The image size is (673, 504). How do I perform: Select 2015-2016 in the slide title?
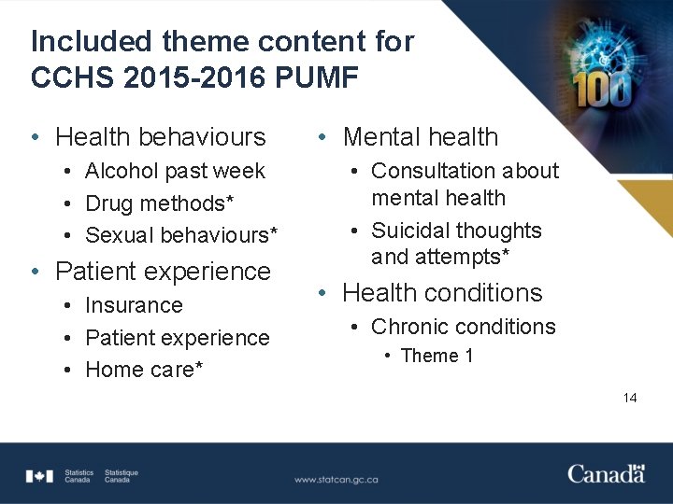coord(187,77)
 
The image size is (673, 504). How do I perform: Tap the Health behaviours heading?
coord(160,137)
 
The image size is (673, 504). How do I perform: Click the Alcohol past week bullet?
coord(175,171)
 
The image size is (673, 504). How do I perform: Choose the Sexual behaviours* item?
coord(180,234)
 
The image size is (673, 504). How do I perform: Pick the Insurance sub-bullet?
coord(134,305)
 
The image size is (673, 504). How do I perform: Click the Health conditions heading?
coord(441,293)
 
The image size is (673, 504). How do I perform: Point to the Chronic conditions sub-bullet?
coord(463,327)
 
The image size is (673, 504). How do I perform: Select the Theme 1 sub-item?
coord(437,356)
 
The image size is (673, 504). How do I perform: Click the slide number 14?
coord(630,398)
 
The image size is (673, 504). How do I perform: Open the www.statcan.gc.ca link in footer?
coord(336,479)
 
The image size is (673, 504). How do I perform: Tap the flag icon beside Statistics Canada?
coord(39,476)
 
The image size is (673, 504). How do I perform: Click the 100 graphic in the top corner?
coord(603,89)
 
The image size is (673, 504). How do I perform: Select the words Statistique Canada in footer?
coord(122,476)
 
